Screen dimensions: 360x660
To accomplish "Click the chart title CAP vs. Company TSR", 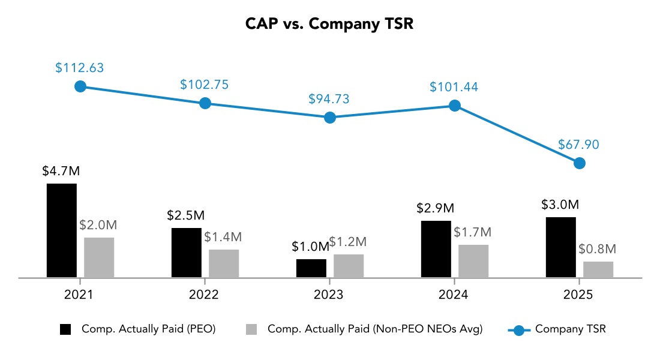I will pos(329,24).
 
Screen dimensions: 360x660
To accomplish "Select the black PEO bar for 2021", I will pos(62,230).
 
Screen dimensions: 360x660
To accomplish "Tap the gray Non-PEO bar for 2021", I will pos(99,257).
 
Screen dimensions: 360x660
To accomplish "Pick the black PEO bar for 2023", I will pos(311,268).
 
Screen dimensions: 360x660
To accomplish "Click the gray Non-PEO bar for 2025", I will pos(598,269).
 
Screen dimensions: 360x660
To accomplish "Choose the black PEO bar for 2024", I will pos(436,249).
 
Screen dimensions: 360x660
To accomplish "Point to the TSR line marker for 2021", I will pos(80,86).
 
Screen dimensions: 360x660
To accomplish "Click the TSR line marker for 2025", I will pos(579,163).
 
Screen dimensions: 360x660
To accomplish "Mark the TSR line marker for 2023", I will pos(329,118).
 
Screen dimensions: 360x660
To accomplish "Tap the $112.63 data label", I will pos(80,68).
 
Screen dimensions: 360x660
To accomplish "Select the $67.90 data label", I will pos(579,145).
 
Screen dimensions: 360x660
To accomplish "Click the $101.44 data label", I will pos(454,87).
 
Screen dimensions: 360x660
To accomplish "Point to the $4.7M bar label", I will pos(61,171).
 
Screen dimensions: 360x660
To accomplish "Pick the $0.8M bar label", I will pos(598,249).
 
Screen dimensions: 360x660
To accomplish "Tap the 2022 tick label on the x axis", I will pos(205,295).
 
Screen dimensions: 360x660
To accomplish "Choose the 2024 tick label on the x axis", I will pos(454,295).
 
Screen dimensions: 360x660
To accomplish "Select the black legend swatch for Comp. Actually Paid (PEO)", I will pos(65,329).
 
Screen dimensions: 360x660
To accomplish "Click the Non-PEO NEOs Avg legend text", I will pos(375,329).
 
